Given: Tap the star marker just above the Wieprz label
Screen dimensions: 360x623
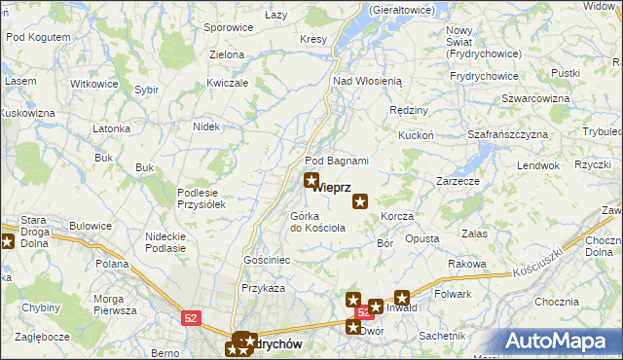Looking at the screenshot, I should tap(311, 180).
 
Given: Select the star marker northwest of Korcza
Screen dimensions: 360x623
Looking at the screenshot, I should tap(360, 201).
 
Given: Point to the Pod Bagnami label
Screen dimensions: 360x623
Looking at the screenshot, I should tap(337, 161).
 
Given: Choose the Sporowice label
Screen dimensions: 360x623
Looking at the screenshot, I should tap(228, 28).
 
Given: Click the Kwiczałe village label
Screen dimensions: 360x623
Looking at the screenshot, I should tap(228, 83).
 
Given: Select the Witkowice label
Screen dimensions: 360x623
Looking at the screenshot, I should tap(94, 84).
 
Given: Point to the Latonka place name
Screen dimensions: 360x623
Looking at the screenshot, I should tap(111, 128).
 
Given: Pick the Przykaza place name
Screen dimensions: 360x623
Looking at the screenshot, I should tap(263, 288).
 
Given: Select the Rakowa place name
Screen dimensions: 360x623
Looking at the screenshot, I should tap(467, 264).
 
